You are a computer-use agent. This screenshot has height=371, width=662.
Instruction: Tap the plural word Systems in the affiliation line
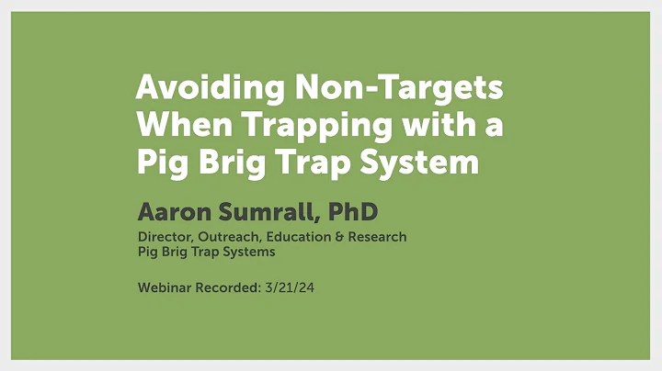point(245,251)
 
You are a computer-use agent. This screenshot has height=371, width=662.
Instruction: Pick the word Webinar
point(165,287)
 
